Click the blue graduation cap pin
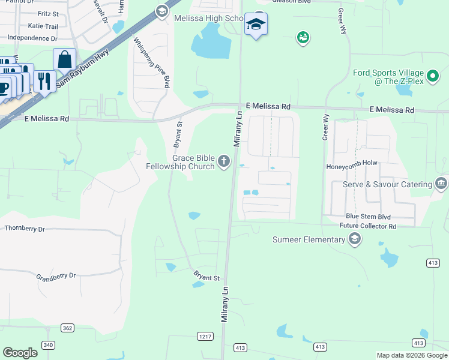[x=256, y=25]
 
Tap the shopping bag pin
[x=64, y=60]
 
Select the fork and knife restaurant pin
[x=44, y=80]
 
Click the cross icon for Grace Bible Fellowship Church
[x=224, y=161]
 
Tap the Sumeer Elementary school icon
[x=355, y=240]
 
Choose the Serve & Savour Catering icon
[x=442, y=184]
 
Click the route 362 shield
[x=67, y=327]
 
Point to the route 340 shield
[x=48, y=344]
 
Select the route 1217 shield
[x=205, y=337]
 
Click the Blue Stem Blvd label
[x=368, y=217]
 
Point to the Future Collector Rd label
[x=368, y=226]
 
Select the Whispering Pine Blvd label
[x=151, y=64]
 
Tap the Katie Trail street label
[x=43, y=26]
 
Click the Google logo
[x=20, y=353]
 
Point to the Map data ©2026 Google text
[x=412, y=355]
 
